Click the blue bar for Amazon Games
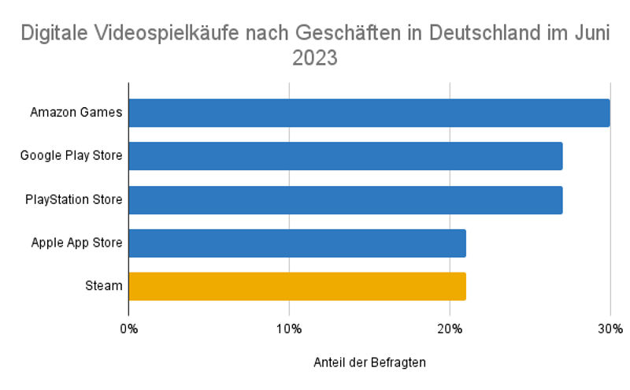pos(369,113)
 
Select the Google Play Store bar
pos(345,156)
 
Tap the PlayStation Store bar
pos(345,199)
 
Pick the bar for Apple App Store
pos(297,243)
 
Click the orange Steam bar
pos(297,286)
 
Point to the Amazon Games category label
pos(76,113)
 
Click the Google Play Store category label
pos(71,156)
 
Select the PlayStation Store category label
pos(73,199)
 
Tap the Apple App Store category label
pos(76,243)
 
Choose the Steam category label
pos(104,286)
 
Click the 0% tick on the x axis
pos(128,329)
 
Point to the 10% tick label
pos(289,329)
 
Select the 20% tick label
pos(450,329)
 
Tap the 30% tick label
pos(610,329)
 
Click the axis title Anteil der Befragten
pos(369,362)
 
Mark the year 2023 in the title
pos(315,58)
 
